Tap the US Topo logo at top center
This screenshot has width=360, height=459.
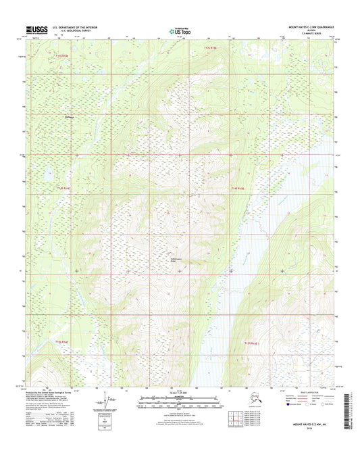(x=180, y=30)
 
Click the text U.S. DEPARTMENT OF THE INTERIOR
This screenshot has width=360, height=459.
(x=79, y=28)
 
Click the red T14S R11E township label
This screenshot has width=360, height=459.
(x=63, y=188)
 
